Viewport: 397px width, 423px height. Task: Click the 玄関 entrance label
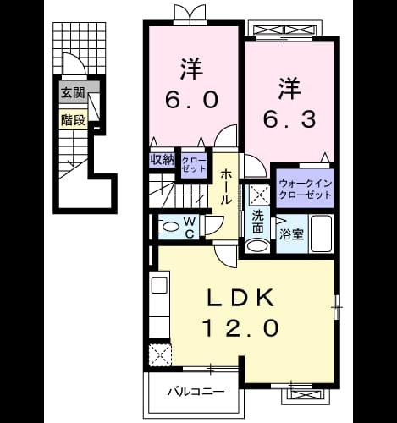pos(74,92)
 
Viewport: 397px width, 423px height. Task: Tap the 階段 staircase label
pos(74,120)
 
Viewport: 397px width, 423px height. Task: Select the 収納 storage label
pos(162,160)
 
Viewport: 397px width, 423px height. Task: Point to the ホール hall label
pos(226,187)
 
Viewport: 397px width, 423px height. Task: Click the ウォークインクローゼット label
pos(305,190)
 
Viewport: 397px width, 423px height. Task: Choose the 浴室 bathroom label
pos(291,234)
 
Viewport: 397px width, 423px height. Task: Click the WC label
pos(190,228)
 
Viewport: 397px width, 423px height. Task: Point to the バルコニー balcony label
pos(196,392)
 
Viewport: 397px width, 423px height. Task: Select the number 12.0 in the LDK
pos(240,328)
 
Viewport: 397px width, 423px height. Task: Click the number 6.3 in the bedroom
pos(289,119)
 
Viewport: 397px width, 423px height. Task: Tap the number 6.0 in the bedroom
pos(191,100)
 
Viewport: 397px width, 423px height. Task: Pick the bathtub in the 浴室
pos(321,233)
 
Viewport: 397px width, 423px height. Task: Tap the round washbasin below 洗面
pos(257,245)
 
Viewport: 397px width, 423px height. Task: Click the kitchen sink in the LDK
pos(159,285)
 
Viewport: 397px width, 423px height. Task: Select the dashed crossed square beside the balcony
pos(160,354)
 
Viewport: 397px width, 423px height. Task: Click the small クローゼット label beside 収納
pos(194,164)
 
